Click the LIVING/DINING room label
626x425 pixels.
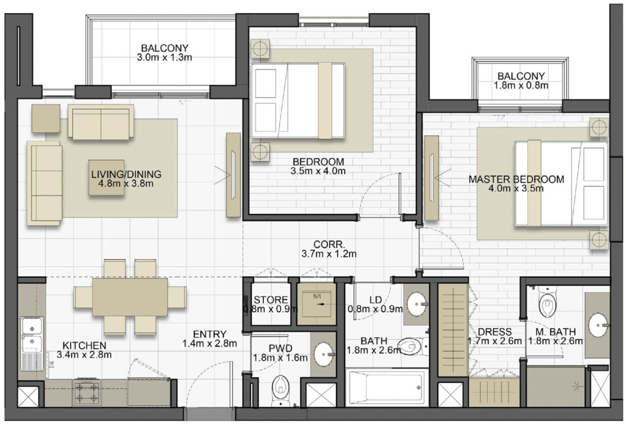click(x=126, y=174)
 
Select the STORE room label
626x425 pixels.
click(x=271, y=300)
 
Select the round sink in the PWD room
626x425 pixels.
click(x=324, y=355)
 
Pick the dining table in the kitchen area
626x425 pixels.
click(x=130, y=297)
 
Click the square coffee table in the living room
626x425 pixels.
click(x=107, y=178)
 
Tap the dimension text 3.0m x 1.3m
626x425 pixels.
click(x=164, y=57)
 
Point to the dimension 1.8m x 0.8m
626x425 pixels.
click(x=521, y=85)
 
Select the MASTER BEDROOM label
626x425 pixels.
click(x=516, y=179)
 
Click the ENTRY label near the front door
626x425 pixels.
click(x=210, y=334)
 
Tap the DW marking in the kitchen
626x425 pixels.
click(x=51, y=364)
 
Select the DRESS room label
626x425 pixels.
click(x=495, y=332)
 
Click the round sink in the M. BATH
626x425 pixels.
click(x=598, y=325)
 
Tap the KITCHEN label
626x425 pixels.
click(x=84, y=345)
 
